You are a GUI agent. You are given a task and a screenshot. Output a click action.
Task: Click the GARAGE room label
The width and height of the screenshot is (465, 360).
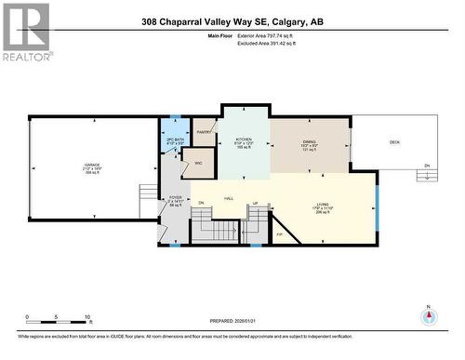93,166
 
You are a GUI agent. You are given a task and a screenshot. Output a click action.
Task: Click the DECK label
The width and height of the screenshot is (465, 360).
394,141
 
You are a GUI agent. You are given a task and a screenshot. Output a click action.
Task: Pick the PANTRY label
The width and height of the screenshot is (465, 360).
205,133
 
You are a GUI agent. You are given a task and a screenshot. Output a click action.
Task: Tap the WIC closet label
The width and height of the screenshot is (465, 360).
197,164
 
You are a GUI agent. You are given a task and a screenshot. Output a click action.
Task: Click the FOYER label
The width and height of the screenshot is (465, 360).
175,197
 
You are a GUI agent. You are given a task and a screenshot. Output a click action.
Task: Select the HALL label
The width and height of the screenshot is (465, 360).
229,198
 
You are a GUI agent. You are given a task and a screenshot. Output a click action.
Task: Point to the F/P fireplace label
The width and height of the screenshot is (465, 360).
279,233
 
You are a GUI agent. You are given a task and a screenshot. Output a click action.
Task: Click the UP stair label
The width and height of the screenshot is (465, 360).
255,202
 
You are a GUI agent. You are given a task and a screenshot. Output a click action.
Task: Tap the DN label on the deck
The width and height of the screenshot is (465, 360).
427,166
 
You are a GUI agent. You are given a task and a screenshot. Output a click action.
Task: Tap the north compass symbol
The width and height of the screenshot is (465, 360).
428,315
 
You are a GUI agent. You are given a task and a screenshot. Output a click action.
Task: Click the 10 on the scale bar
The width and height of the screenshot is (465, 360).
86,317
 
